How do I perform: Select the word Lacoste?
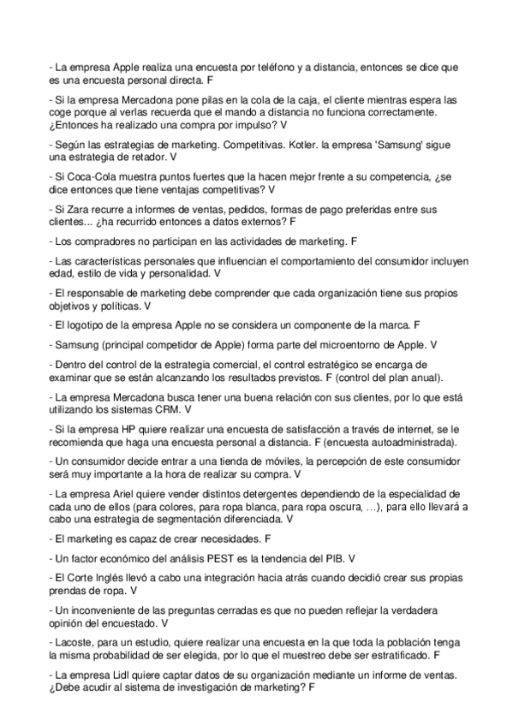(75, 641)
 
